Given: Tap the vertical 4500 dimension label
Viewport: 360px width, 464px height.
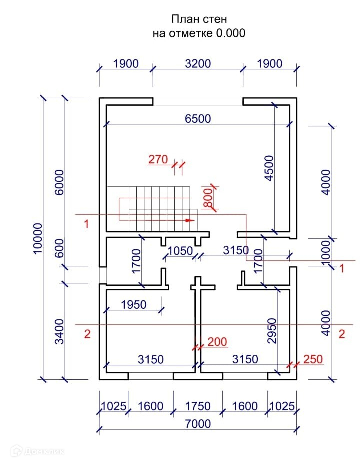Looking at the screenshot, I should [269, 168].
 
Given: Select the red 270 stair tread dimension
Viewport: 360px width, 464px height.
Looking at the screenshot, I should [158, 160].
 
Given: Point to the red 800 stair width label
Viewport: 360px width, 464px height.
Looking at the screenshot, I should [208, 198].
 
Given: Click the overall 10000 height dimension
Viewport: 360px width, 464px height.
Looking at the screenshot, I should [39, 238].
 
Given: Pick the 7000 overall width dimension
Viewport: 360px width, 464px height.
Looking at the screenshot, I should [198, 424].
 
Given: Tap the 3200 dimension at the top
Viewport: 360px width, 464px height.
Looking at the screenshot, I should [198, 64].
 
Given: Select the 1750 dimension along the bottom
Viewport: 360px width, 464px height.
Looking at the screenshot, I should [197, 406].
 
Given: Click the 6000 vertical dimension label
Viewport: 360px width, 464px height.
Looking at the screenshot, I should [59, 182].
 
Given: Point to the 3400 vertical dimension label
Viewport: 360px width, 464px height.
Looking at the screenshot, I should [59, 331].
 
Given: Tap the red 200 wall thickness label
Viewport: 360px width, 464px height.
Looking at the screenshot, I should [217, 342].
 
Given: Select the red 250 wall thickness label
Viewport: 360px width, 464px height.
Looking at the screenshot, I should [312, 359].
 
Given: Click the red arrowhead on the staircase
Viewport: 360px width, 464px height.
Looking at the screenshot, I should [189, 219].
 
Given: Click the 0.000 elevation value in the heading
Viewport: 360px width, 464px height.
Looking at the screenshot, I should [230, 33].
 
